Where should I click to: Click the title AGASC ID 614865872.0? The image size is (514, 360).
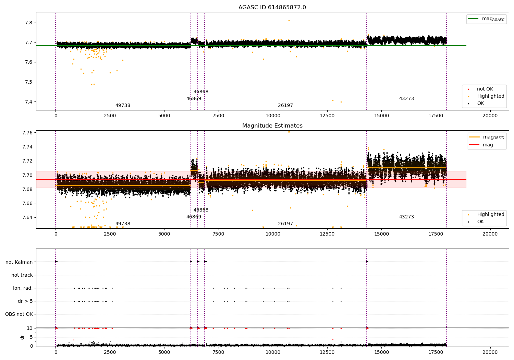click(x=272, y=8)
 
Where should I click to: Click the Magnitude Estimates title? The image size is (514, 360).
click(x=272, y=126)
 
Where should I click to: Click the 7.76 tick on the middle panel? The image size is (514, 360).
click(x=27, y=133)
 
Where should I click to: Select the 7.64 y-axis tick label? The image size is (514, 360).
click(x=27, y=217)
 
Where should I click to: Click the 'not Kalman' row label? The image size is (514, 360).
click(x=19, y=262)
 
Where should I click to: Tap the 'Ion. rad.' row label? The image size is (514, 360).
click(x=23, y=288)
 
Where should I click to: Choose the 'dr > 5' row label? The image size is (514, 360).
click(x=25, y=301)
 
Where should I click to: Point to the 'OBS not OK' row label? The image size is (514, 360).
click(x=19, y=314)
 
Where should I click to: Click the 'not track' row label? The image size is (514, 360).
click(x=22, y=275)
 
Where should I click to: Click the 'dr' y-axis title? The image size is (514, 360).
click(x=22, y=337)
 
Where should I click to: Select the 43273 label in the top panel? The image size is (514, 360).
click(x=406, y=99)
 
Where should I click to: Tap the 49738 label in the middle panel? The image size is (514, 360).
click(x=123, y=224)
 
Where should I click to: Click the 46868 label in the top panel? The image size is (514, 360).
click(x=201, y=92)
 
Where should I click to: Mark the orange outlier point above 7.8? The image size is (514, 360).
click(x=289, y=20)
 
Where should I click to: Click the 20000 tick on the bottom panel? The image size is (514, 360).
click(x=490, y=352)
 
